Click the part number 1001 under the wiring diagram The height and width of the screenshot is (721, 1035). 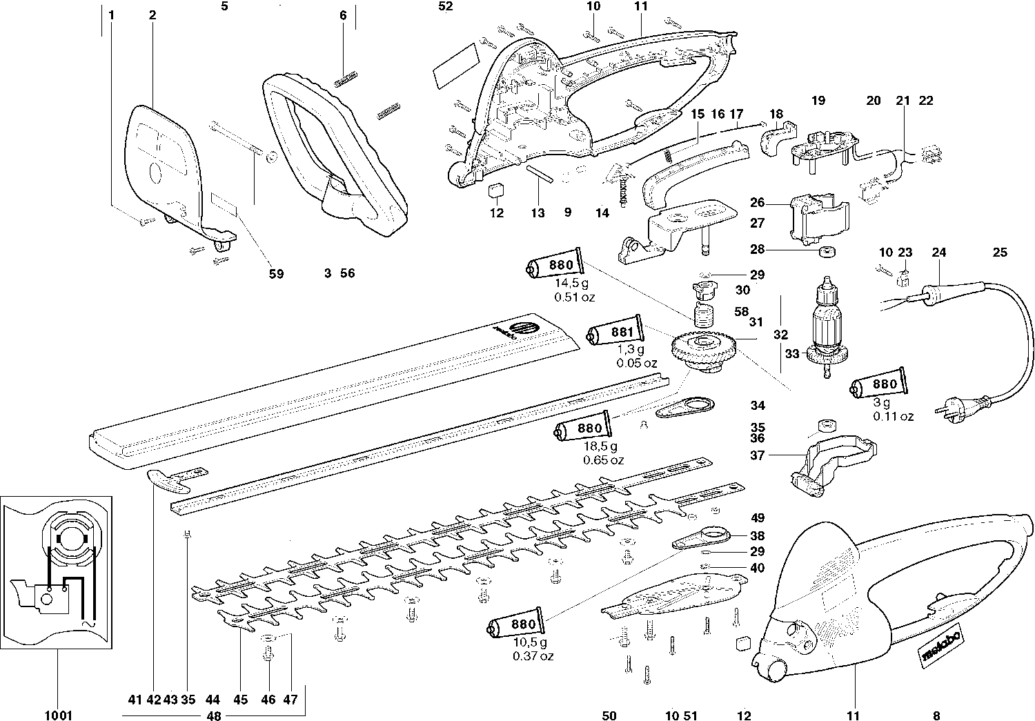point(58,715)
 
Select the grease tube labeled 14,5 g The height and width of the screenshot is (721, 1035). point(556,265)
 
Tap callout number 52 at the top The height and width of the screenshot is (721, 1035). point(446,7)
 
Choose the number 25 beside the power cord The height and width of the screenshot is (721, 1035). point(1000,253)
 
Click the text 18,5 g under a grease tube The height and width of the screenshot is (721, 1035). point(599,447)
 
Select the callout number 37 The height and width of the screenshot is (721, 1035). point(758,455)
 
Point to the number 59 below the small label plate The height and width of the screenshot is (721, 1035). point(276,273)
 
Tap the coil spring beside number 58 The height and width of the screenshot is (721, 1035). point(702,318)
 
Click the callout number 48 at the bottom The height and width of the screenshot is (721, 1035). point(214,716)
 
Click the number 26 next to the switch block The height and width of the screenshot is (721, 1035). point(758,203)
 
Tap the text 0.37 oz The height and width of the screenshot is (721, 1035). point(533,656)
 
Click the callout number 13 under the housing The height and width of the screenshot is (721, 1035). point(538,213)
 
